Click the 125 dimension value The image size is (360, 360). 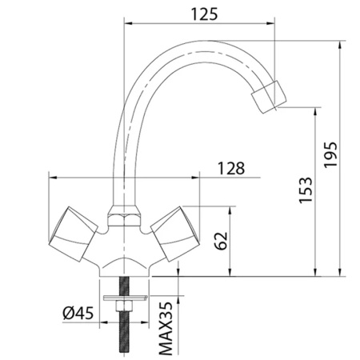tap(205, 14)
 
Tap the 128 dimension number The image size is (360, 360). tap(231, 168)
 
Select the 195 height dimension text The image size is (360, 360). tap(330, 154)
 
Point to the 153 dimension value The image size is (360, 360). tap(305, 190)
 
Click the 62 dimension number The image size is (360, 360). tap(222, 241)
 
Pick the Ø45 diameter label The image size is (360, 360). tap(78, 313)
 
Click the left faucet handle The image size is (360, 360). tap(73, 234)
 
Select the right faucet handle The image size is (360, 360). tap(175, 234)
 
